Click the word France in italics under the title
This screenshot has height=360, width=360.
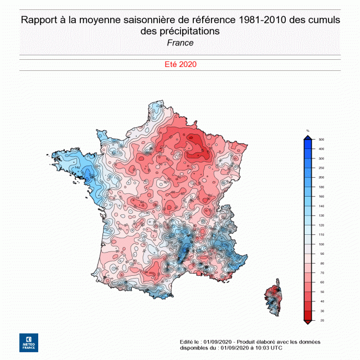coord(180,43)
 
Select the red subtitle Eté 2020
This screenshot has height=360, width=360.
coord(180,64)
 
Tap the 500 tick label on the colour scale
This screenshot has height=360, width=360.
coord(321,140)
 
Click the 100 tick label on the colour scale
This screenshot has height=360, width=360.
coord(321,244)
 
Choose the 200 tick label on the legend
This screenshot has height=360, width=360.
coord(321,177)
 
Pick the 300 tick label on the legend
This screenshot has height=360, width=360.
coord(321,158)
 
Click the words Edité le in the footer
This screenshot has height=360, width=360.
coord(190,341)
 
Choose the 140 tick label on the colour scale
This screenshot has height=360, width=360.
coord(321,206)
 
